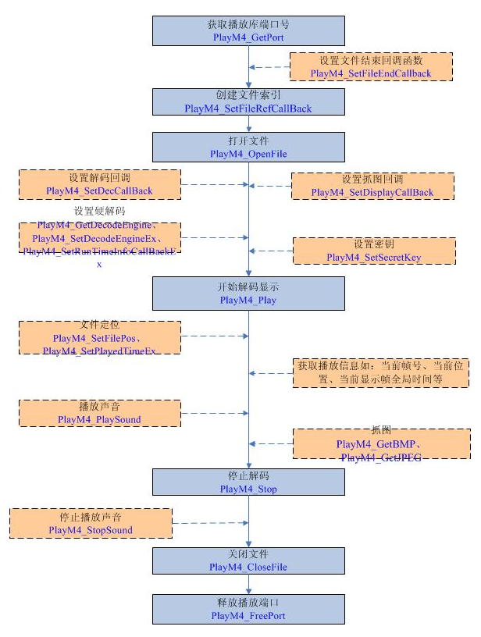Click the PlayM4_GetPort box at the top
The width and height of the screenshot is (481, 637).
248,29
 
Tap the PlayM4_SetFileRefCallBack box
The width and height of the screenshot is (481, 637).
248,102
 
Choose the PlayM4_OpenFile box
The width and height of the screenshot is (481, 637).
248,147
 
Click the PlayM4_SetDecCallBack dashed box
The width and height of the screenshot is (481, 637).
99,184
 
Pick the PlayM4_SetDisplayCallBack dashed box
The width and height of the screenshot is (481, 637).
372,186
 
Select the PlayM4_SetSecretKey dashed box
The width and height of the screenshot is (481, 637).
373,251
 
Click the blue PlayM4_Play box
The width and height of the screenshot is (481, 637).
248,292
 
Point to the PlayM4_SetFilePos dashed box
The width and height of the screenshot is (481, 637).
99,336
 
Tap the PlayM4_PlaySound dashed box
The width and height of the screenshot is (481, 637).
99,413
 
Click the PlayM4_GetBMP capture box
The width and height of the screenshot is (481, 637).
379,444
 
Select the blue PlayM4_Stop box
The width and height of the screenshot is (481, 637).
248,482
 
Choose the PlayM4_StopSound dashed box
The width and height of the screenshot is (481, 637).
90,523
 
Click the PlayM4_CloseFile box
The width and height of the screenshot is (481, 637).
248,560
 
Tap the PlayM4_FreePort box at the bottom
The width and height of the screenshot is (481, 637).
248,608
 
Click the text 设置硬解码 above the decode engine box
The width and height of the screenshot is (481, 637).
99,212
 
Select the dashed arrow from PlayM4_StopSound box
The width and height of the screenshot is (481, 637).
209,523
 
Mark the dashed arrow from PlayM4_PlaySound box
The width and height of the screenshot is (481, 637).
215,413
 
